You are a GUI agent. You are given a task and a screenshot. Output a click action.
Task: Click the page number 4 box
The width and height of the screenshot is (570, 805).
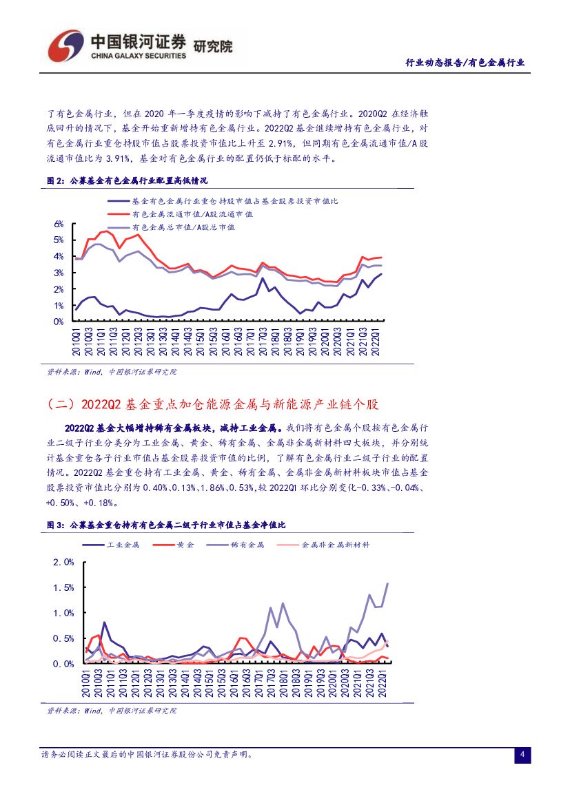coord(522,755)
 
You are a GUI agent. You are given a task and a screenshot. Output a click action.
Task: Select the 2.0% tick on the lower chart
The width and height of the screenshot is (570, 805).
coord(63,562)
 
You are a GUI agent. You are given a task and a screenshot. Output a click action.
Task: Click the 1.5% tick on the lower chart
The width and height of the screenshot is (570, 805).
coord(63,587)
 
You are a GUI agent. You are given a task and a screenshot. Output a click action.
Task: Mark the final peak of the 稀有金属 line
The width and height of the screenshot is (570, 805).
coord(387,583)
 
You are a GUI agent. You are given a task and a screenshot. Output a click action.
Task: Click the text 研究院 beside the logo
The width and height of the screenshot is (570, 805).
coord(213,47)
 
